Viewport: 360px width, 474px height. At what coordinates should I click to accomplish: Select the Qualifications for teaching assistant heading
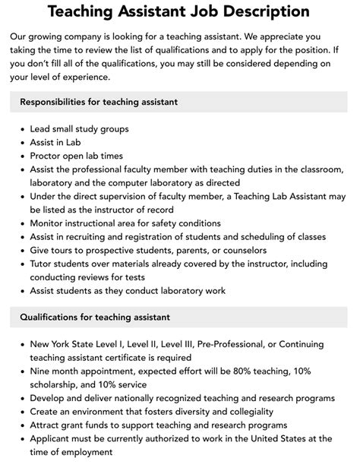[95, 317]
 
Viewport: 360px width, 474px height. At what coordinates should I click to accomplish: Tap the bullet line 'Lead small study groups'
[79, 128]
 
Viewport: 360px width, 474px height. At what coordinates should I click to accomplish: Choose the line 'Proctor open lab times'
[77, 156]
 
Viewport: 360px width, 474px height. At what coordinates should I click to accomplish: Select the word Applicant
[53, 439]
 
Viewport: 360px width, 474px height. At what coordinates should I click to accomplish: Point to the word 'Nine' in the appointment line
[41, 371]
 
